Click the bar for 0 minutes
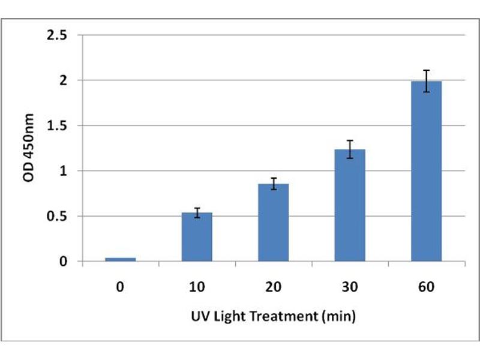click(121, 259)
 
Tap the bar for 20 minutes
click(273, 223)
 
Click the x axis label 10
click(197, 287)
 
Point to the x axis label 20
click(273, 287)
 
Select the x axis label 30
click(350, 287)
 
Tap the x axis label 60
click(426, 287)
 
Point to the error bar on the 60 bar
click(426, 81)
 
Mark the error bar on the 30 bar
click(350, 149)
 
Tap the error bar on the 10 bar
click(197, 212)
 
